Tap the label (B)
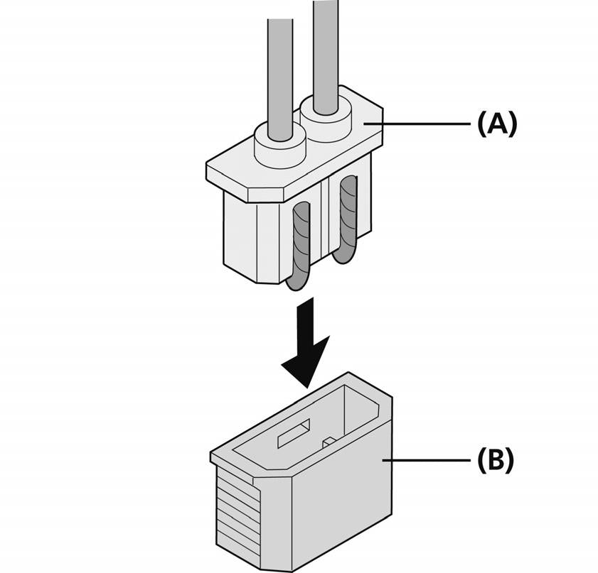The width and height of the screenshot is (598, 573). click(495, 460)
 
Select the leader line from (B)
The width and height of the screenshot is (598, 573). click(427, 460)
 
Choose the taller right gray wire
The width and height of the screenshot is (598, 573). click(326, 50)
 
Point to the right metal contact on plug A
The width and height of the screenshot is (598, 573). click(348, 213)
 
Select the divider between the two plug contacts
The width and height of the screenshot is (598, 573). click(325, 220)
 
